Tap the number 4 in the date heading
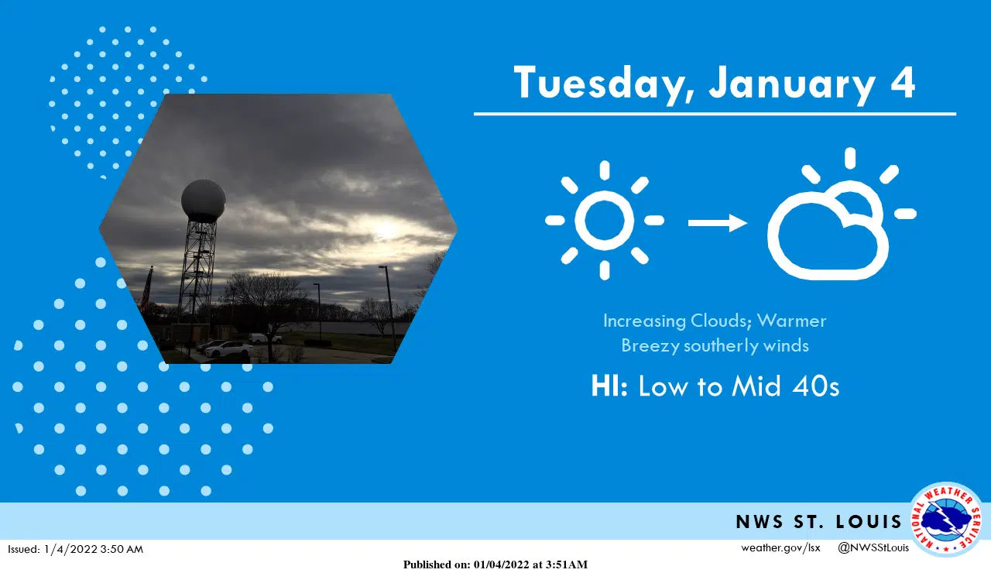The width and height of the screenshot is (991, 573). click(903, 82)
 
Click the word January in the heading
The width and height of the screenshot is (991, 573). click(792, 85)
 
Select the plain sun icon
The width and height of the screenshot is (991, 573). click(605, 221)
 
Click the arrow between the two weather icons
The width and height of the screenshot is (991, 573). click(718, 222)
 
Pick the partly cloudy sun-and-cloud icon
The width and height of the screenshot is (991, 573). click(842, 214)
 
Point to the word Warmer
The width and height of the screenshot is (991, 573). click(791, 321)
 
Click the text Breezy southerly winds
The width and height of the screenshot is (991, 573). click(715, 345)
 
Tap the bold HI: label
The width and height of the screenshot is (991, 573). click(609, 386)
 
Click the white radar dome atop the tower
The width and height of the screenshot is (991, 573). click(204, 201)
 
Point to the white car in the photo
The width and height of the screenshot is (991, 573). click(228, 349)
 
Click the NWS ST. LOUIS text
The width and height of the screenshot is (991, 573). click(818, 522)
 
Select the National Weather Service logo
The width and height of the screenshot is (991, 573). click(947, 520)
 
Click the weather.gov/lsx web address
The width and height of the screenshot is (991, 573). click(781, 547)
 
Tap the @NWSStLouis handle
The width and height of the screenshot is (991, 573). click(873, 547)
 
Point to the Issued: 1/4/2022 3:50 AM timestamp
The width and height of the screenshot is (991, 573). click(76, 549)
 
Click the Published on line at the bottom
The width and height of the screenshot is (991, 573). click(495, 564)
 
